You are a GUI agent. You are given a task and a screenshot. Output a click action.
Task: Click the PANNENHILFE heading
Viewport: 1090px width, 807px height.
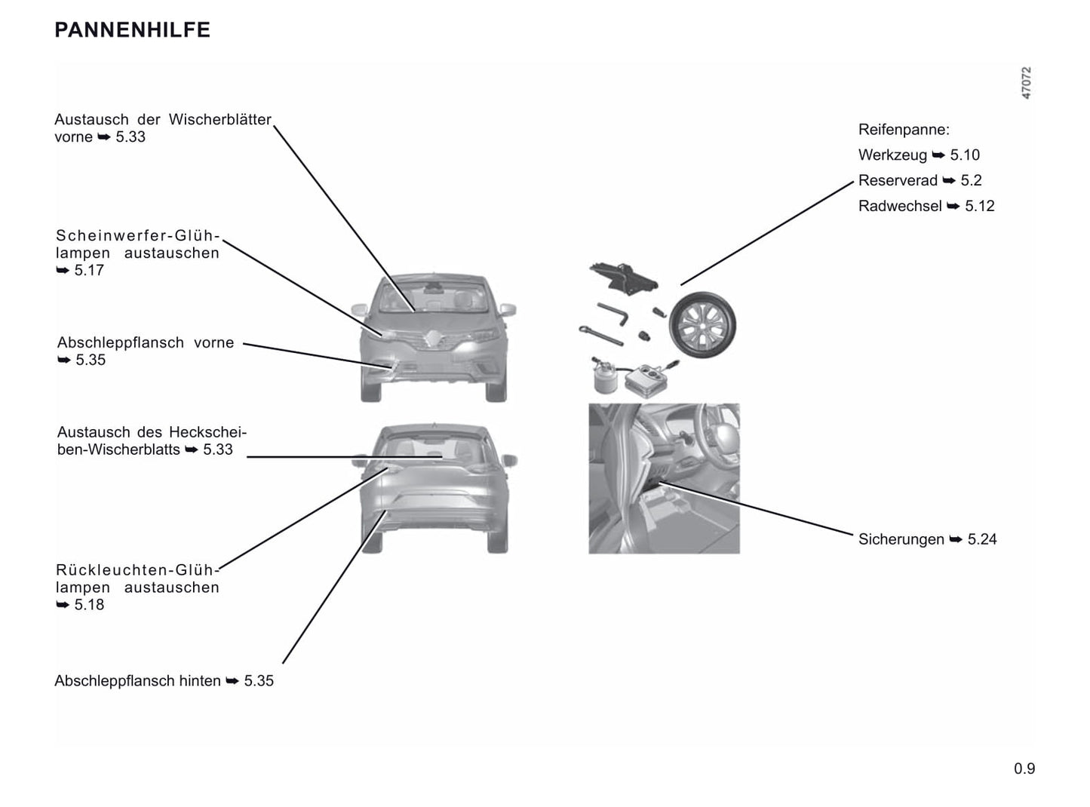(x=133, y=30)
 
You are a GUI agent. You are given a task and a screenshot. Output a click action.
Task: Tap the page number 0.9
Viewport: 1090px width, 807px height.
(x=1024, y=769)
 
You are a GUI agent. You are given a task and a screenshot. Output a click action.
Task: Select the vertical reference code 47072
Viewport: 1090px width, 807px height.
(x=1026, y=83)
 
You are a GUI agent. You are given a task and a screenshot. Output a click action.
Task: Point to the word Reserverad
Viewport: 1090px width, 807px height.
(x=898, y=180)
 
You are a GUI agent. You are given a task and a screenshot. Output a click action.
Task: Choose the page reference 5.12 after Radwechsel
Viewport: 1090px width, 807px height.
(x=980, y=206)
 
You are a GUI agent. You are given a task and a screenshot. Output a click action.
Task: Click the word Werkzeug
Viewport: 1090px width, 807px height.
(x=892, y=155)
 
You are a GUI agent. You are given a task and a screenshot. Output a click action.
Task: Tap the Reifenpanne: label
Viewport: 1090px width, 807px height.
(x=904, y=130)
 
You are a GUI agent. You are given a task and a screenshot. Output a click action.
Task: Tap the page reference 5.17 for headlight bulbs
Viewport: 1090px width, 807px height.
(x=89, y=270)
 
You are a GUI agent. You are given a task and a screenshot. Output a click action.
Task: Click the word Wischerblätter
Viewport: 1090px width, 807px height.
(x=220, y=120)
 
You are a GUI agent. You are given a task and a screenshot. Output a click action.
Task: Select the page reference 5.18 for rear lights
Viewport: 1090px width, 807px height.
(x=89, y=604)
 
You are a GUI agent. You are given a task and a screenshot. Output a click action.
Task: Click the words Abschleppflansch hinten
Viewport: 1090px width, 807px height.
(x=137, y=681)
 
